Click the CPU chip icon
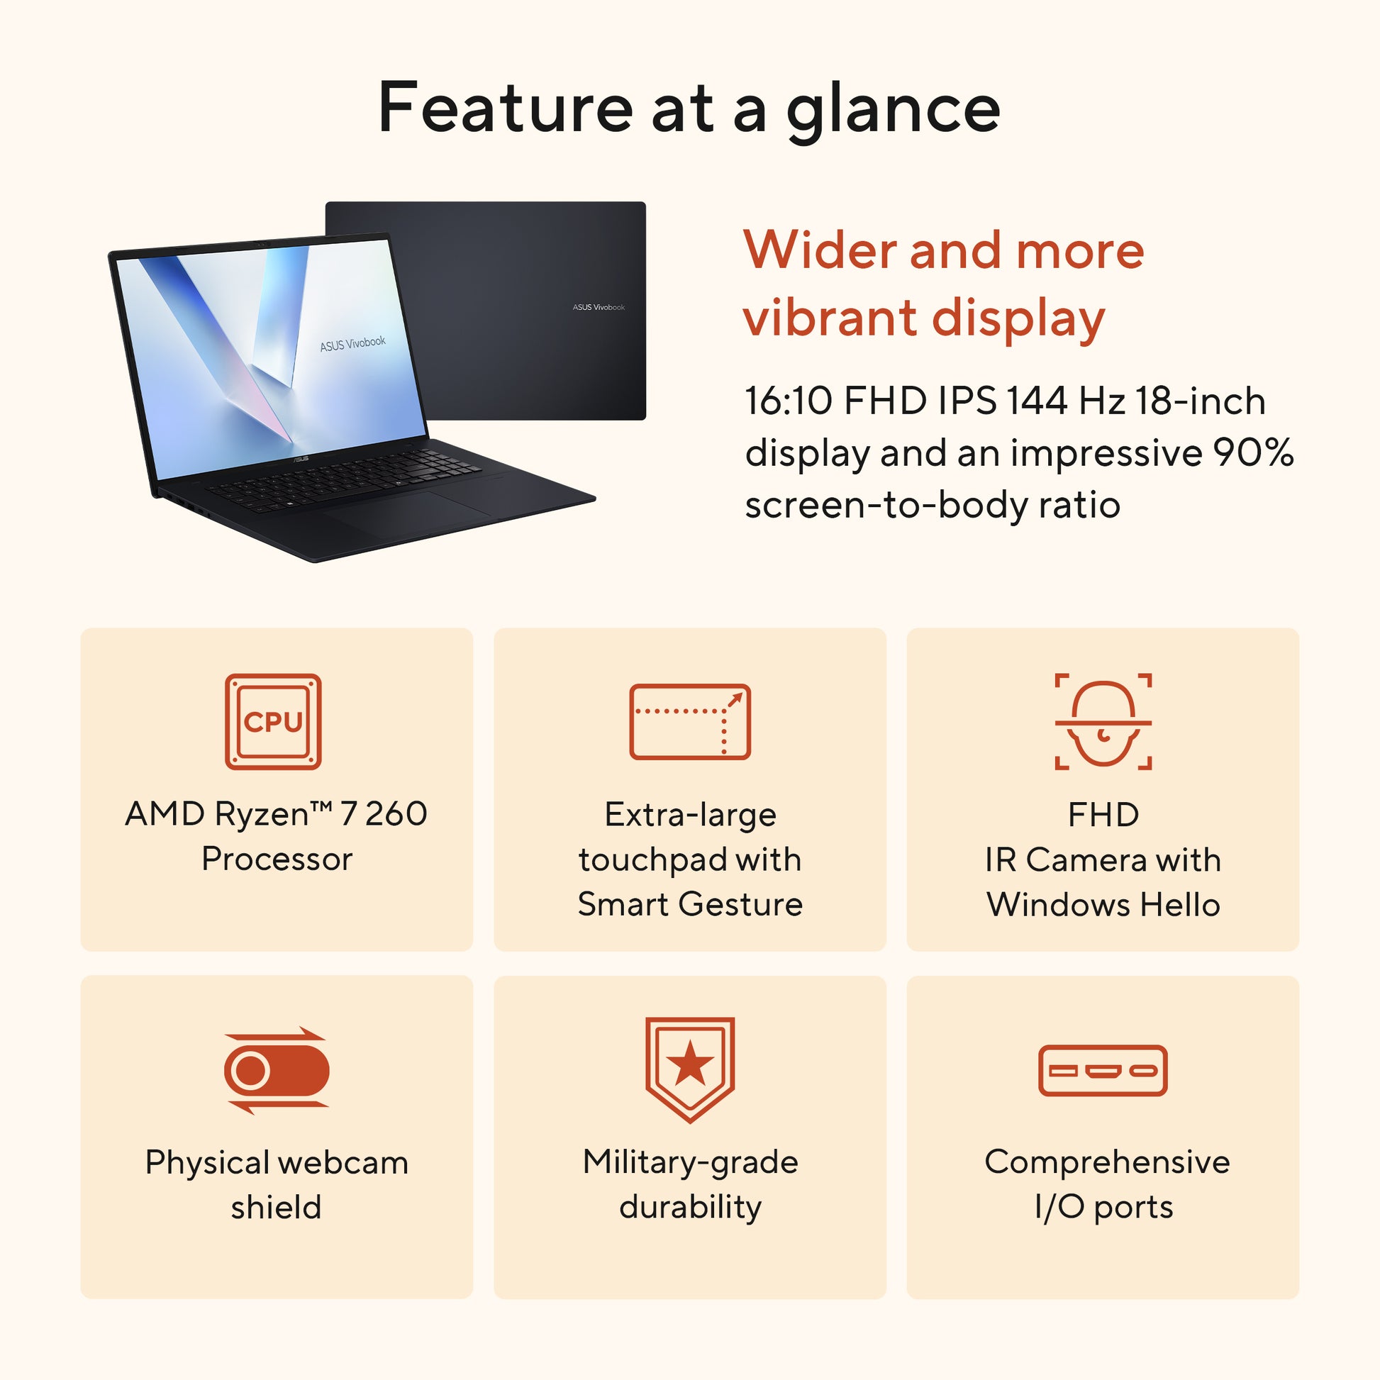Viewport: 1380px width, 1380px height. [x=273, y=721]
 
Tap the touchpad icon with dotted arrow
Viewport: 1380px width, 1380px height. [x=689, y=721]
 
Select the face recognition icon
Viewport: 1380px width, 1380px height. [x=1103, y=721]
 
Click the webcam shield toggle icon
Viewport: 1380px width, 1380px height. [x=276, y=1070]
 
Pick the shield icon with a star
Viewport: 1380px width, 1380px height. [x=689, y=1069]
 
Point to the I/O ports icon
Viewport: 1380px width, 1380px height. [x=1103, y=1070]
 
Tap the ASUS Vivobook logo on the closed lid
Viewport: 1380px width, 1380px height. [x=599, y=307]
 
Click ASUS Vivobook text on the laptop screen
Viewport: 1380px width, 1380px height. [x=353, y=343]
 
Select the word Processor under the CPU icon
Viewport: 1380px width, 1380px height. [x=277, y=859]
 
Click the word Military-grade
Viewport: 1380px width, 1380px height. [x=690, y=1163]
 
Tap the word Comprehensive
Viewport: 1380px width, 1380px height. [x=1107, y=1162]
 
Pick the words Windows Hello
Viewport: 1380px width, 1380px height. [x=1103, y=904]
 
